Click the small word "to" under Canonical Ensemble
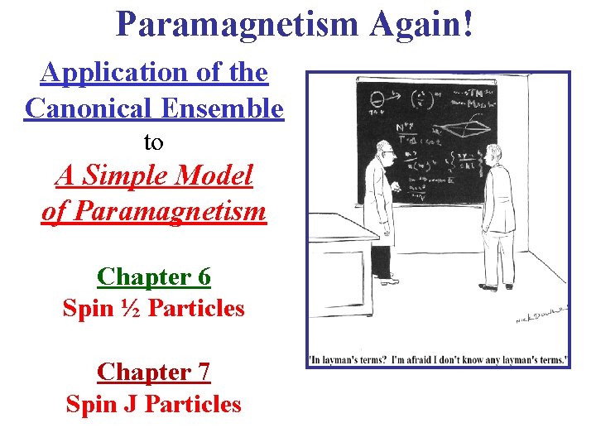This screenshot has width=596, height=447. [x=153, y=142]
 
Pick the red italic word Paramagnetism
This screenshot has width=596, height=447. [x=154, y=211]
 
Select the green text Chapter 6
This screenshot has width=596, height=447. [x=154, y=275]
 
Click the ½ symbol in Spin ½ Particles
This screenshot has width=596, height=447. [x=130, y=309]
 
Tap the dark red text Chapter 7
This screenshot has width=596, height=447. [x=154, y=372]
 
